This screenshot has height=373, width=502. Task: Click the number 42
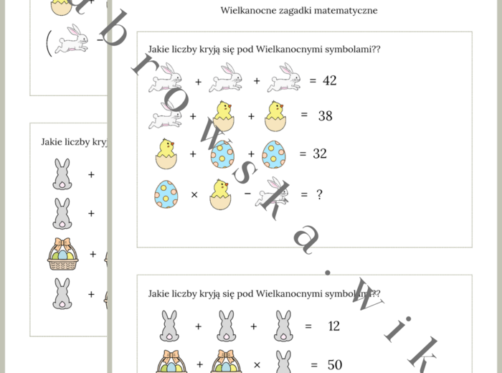[329, 80]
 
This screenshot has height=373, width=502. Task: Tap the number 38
[325, 115]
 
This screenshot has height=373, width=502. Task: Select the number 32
[319, 153]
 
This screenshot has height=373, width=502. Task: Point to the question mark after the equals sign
[320, 194]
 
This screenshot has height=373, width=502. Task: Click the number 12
[333, 326]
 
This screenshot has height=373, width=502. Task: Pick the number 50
[334, 364]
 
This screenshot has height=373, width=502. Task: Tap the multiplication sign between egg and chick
[194, 194]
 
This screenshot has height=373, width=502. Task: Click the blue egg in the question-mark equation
[166, 194]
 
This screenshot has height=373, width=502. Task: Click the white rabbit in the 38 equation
[164, 115]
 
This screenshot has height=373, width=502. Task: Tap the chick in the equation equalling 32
[166, 153]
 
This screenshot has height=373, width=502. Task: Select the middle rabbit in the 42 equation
[225, 77]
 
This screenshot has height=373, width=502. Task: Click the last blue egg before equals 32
[274, 154]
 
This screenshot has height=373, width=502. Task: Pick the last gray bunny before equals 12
[283, 326]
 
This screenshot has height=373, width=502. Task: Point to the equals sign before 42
[312, 81]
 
